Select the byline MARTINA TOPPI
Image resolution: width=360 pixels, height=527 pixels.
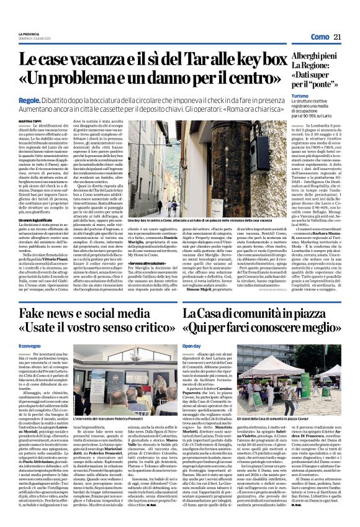[x=29, y=120]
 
